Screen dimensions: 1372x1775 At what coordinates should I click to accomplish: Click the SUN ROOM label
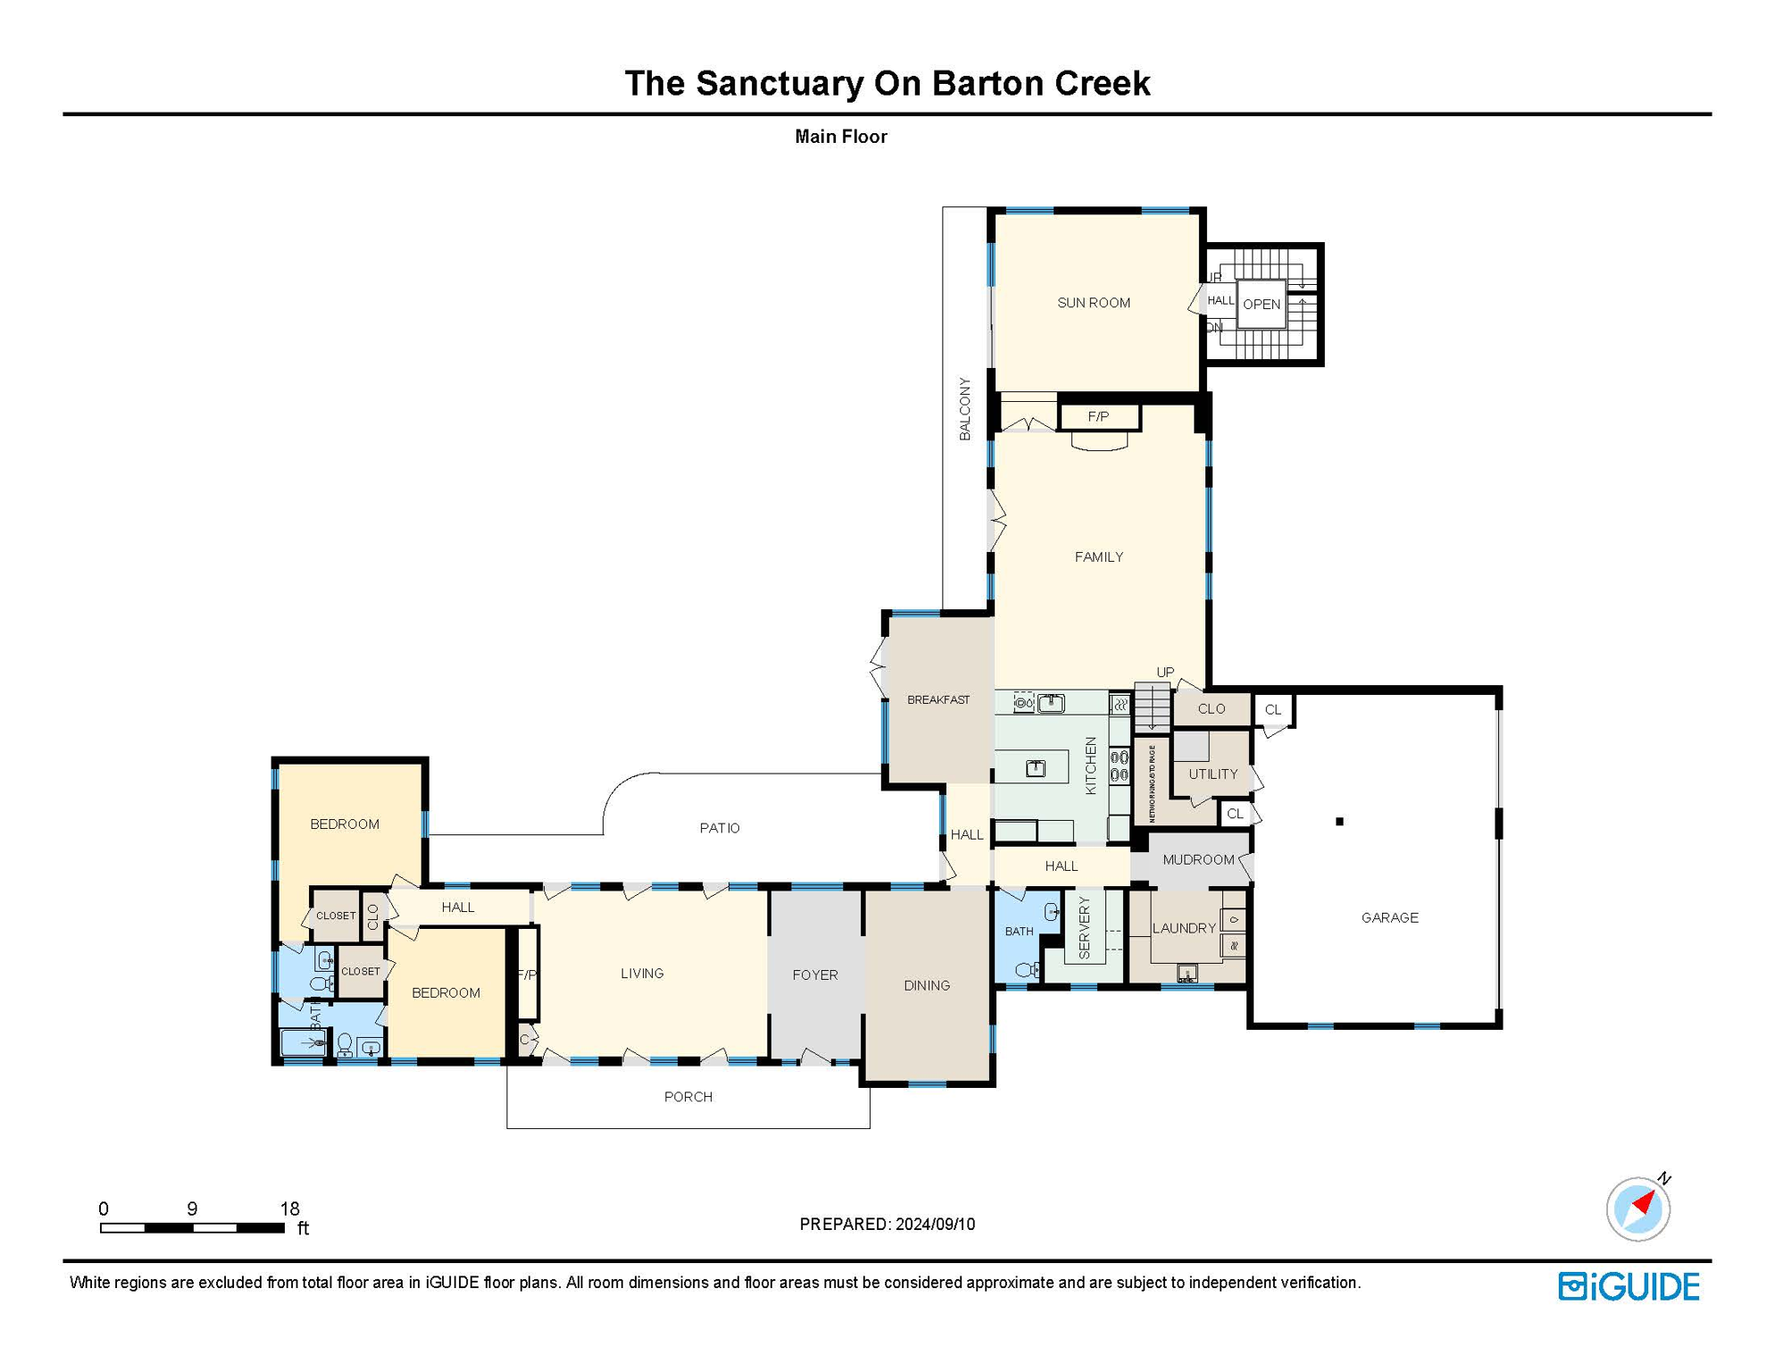coord(1094,303)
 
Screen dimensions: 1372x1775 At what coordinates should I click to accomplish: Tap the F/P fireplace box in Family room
coord(1098,416)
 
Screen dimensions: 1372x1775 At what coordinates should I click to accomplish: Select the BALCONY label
coord(965,408)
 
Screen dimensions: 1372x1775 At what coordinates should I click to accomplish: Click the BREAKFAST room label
coord(937,699)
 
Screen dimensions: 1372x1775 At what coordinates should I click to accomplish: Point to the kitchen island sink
coord(1035,768)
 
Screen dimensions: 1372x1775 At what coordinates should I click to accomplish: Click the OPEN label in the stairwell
coord(1261,304)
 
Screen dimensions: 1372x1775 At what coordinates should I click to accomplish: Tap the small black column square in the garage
coord(1339,821)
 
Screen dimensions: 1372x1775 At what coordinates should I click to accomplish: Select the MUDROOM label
coord(1197,859)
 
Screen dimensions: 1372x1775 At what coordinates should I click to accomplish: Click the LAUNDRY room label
coord(1183,928)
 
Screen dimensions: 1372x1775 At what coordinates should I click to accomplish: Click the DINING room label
coord(926,985)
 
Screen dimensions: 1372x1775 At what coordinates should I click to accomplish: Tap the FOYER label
coord(815,975)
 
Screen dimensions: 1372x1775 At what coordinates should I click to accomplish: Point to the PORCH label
coord(687,1097)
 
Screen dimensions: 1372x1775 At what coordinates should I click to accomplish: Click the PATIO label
coord(719,828)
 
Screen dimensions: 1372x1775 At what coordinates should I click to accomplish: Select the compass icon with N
coord(1638,1209)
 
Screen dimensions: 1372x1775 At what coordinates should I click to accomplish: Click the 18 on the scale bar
coord(289,1209)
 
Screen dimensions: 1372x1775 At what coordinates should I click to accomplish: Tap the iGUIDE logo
coord(1629,1286)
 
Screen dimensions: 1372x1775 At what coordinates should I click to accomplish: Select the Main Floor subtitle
coord(840,137)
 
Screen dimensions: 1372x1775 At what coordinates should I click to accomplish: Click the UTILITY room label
coord(1212,774)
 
